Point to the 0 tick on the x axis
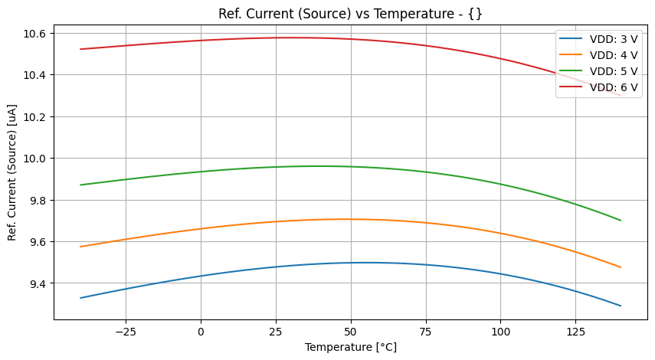pyautogui.click(x=201, y=332)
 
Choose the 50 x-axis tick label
pyautogui.click(x=351, y=332)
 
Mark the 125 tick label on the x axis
pyautogui.click(x=575, y=332)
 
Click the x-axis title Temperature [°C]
pyautogui.click(x=351, y=347)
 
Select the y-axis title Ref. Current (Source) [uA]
pyautogui.click(x=12, y=172)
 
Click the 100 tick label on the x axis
pyautogui.click(x=500, y=332)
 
